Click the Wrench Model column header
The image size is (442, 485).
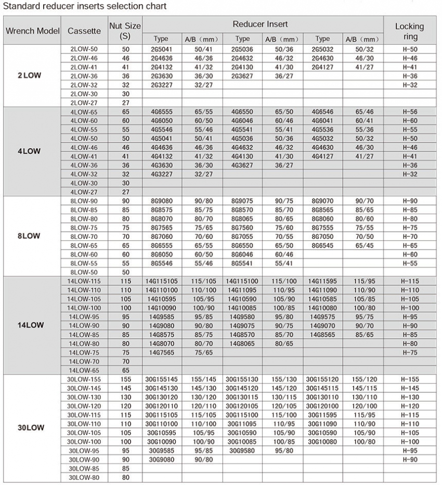[x=32, y=31]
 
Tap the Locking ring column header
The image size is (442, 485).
[x=409, y=31]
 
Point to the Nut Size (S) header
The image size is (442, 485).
[x=125, y=31]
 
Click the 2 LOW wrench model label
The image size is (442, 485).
[x=29, y=75]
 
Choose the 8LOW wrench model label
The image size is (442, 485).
[x=29, y=236]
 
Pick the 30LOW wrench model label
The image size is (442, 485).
[x=31, y=428]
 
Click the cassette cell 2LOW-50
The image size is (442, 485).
[x=84, y=49]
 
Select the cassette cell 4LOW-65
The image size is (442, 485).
[x=84, y=112]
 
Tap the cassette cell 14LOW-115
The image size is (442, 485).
[x=84, y=281]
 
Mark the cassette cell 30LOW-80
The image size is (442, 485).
[x=84, y=477]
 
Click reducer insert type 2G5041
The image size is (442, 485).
[x=161, y=49]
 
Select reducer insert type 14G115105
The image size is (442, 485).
[x=161, y=281]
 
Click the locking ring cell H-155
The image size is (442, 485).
[x=410, y=379]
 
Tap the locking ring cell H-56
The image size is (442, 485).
[x=410, y=112]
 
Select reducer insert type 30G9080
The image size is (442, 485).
[x=161, y=459]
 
